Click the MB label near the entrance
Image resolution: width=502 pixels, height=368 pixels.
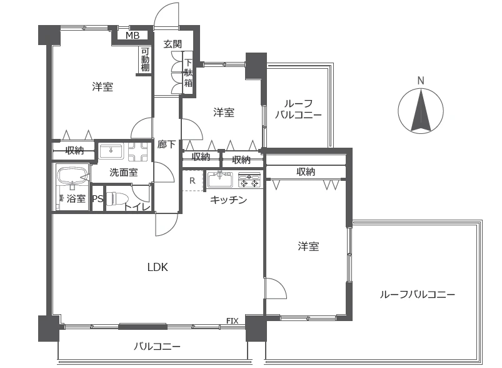(x=132, y=36)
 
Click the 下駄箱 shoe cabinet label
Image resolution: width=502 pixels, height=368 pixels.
(x=188, y=73)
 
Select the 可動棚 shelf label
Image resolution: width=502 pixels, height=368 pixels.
(x=145, y=59)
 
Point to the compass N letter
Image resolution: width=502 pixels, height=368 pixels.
(x=421, y=80)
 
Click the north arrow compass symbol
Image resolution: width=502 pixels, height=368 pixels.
(x=421, y=110)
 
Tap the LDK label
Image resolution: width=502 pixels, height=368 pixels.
(x=158, y=267)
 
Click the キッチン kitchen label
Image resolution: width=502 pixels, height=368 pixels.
(x=228, y=200)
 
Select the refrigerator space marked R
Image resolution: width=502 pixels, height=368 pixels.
(x=192, y=181)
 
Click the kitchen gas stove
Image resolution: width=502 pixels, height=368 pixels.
(x=249, y=180)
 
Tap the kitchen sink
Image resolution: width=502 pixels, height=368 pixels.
(x=220, y=180)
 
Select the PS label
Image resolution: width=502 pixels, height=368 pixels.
(x=98, y=200)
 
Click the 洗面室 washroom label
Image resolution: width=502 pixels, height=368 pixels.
(x=124, y=173)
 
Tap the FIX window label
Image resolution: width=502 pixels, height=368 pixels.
(x=232, y=322)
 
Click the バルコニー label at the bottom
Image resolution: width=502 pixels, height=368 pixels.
(x=158, y=347)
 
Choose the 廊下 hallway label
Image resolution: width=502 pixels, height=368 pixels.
(x=166, y=144)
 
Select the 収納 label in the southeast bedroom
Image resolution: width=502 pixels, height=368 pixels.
(x=306, y=171)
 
